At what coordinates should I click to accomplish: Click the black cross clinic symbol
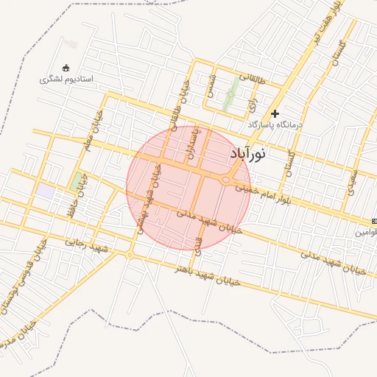275,113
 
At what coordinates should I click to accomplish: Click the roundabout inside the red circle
225,180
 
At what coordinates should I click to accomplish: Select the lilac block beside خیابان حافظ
46,191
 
